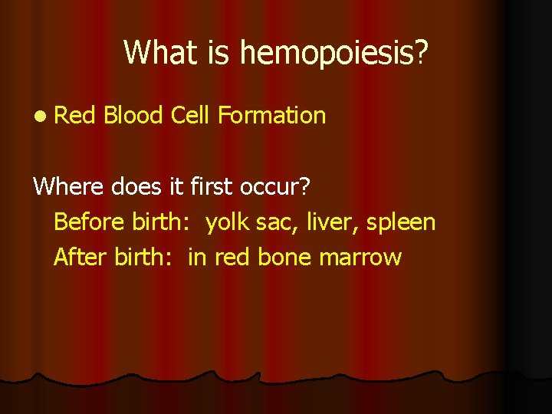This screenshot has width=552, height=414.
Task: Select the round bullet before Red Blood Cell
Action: [x=39, y=117]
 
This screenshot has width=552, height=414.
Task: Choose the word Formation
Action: [x=272, y=116]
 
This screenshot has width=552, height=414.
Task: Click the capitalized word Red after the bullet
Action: [x=75, y=116]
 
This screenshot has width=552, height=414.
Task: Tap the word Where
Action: [x=68, y=186]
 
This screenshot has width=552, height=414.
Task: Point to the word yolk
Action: [x=229, y=223]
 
